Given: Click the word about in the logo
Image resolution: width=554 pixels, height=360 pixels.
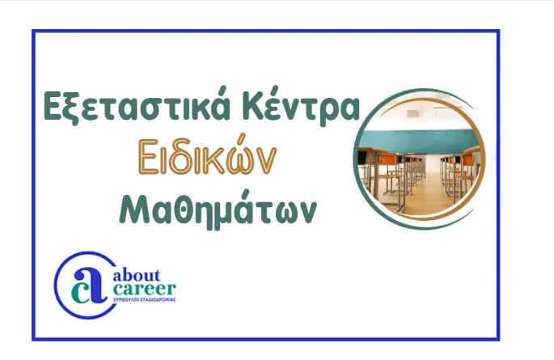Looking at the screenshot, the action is point(137,276).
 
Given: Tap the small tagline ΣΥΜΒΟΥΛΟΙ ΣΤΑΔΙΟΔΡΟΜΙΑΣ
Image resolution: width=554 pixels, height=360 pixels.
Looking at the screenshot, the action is point(143,299).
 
